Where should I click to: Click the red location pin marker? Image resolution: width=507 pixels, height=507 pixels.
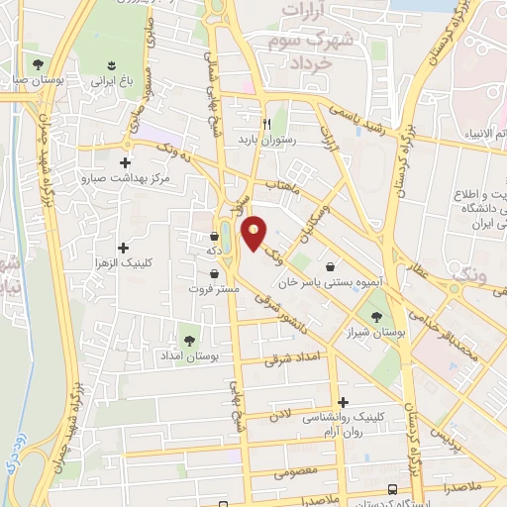(x=254, y=232)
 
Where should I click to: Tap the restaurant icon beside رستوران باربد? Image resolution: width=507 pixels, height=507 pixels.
(x=267, y=124)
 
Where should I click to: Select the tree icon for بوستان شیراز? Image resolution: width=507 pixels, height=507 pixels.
(x=375, y=318)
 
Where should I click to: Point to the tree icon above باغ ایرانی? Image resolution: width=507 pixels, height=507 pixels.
(x=110, y=65)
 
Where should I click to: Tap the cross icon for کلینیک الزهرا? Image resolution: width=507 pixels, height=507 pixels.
(x=124, y=248)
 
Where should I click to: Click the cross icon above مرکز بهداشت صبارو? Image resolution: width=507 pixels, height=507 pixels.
(x=125, y=163)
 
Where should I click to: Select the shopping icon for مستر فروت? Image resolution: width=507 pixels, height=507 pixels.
(x=215, y=274)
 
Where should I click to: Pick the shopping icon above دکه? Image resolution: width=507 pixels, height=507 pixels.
(x=215, y=237)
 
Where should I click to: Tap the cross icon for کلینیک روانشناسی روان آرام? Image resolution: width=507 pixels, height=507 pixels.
(x=344, y=403)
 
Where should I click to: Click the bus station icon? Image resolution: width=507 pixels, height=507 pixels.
(x=394, y=489)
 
